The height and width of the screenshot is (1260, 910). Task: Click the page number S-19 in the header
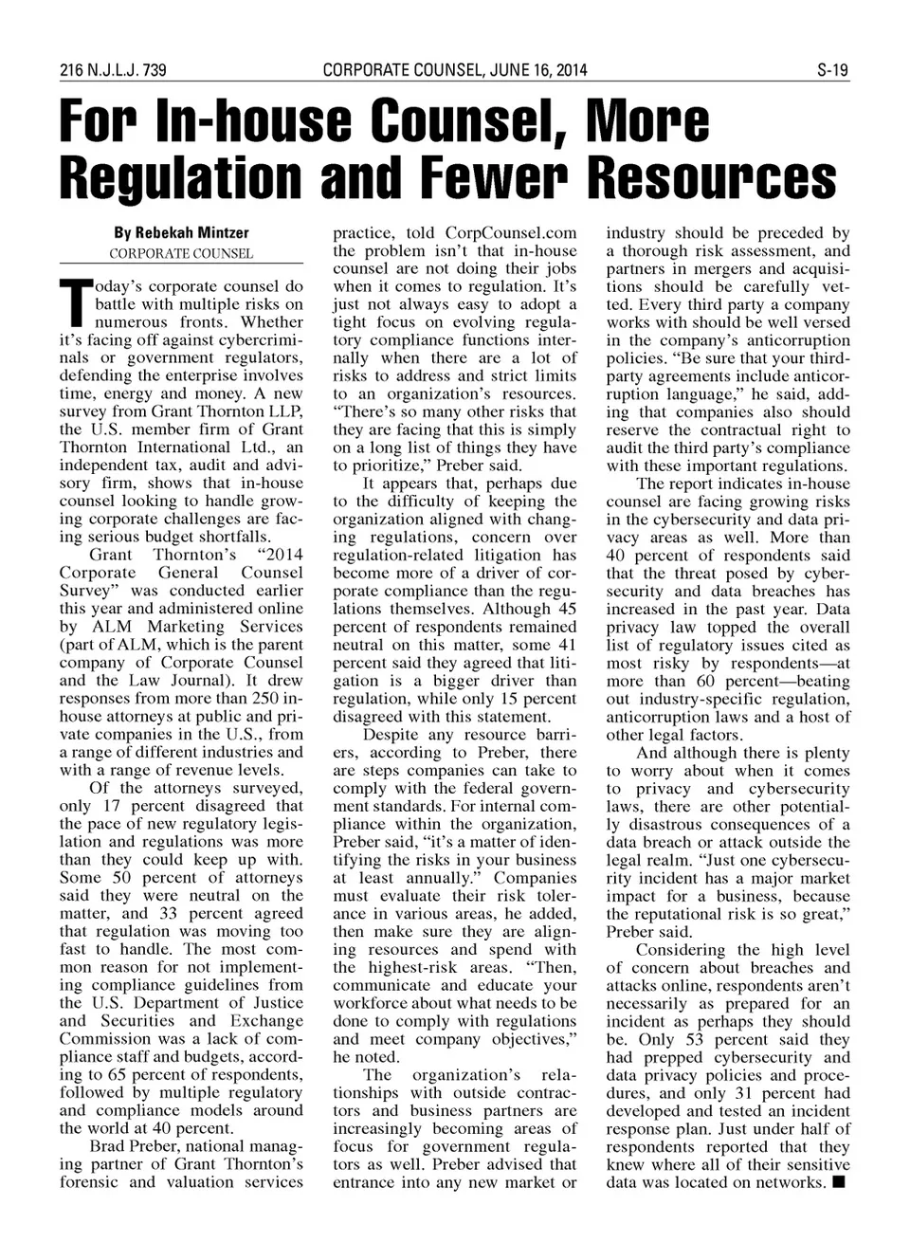pos(833,70)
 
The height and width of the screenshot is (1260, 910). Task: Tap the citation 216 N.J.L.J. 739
pos(113,70)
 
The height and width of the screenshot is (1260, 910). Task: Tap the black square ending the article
pos(839,1182)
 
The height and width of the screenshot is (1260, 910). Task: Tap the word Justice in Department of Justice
pos(273,1003)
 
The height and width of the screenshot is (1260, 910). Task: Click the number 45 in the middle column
pos(566,609)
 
